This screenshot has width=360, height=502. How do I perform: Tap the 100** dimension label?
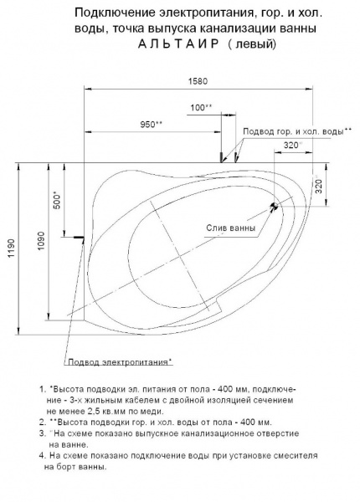click(x=201, y=107)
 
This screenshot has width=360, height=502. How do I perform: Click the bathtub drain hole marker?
click(x=274, y=205)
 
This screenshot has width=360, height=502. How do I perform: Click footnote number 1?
click(x=41, y=390)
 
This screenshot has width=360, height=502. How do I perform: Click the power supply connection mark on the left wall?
click(x=79, y=237)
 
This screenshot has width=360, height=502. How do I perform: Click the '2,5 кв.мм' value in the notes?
click(x=109, y=412)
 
